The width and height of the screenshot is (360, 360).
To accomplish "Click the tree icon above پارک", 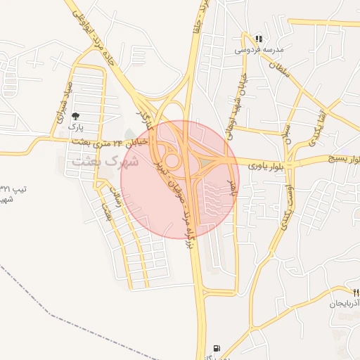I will coord(76,116).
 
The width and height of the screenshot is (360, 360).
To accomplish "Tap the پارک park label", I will coord(75,129).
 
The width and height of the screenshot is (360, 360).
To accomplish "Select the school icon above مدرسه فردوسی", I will coord(259,39).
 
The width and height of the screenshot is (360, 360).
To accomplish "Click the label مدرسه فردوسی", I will coord(259,50).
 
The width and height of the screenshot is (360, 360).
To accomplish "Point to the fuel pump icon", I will coord(215,348).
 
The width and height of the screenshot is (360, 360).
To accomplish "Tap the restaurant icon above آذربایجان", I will coord(356,292).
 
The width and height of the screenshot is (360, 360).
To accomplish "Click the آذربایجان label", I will coord(345,304).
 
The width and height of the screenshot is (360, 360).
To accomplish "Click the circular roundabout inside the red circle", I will coord(173,162).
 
